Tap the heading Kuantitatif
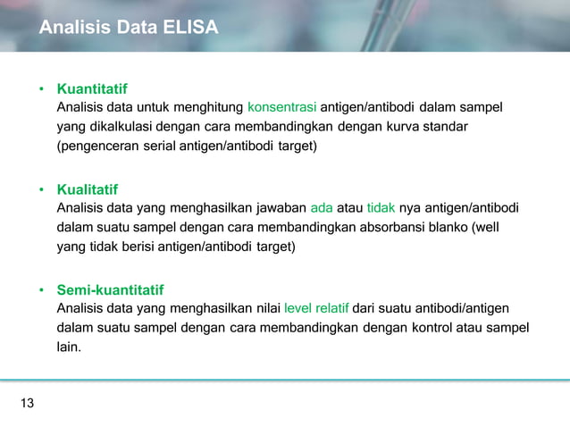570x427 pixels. tap(91, 89)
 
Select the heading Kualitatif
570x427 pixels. tap(87, 189)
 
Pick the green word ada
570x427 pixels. tap(321, 208)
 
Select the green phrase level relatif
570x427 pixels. tap(316, 309)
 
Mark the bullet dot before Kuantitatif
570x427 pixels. tap(41, 90)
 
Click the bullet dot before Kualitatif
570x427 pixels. tap(41, 190)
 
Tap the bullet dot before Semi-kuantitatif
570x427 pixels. tap(41, 291)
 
